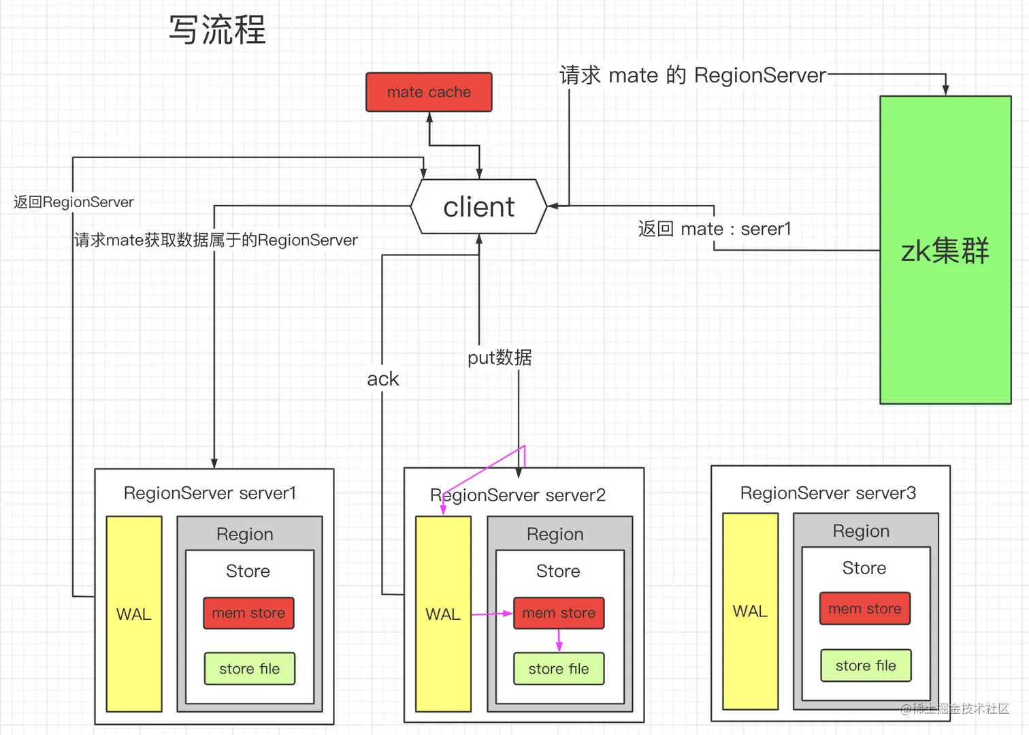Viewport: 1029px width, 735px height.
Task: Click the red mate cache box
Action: [x=429, y=92]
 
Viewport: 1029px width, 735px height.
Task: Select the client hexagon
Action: [x=478, y=206]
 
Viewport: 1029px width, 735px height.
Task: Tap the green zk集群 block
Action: [x=945, y=250]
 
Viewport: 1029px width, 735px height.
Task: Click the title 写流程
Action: [x=218, y=30]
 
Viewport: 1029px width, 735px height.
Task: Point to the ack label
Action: [x=382, y=379]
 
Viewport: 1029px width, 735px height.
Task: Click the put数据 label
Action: [x=500, y=358]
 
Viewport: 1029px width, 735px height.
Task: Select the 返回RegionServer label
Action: [x=73, y=202]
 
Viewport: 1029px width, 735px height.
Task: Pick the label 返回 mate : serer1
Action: [x=715, y=229]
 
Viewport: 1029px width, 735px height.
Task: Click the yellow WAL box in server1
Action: [x=134, y=614]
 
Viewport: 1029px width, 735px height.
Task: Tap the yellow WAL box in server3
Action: [x=750, y=611]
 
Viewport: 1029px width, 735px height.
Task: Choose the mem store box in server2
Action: [x=559, y=613]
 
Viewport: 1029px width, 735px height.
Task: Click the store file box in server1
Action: [x=249, y=669]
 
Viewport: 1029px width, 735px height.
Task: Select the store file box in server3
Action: [x=866, y=666]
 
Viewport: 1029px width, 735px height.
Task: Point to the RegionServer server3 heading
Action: [x=828, y=493]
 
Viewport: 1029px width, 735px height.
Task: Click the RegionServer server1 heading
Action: [x=210, y=493]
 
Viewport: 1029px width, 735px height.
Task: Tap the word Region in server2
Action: [x=555, y=534]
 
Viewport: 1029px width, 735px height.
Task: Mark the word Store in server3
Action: [x=864, y=568]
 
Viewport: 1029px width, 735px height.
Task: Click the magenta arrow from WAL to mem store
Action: [x=491, y=614]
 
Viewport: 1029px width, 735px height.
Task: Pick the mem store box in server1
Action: [x=248, y=613]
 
